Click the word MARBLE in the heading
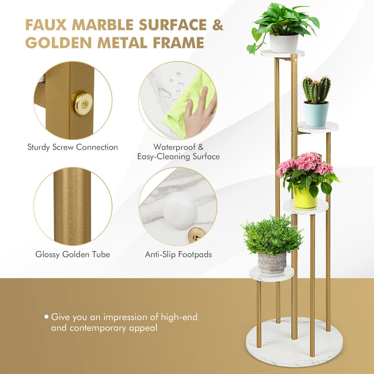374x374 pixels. click(103, 25)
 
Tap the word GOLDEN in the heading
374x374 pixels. click(58, 43)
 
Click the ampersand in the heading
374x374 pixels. click(218, 25)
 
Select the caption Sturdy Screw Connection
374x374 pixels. click(73, 147)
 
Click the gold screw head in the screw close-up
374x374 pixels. click(83, 103)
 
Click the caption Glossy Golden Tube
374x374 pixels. click(73, 254)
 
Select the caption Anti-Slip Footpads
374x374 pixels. click(178, 255)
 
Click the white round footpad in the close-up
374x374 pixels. click(179, 210)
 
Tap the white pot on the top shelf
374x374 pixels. click(284, 43)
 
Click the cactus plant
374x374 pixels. click(316, 90)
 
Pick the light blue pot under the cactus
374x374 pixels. click(316, 114)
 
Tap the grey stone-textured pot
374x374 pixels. click(272, 263)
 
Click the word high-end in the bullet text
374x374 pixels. click(179, 317)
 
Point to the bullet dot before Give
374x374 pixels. click(46, 317)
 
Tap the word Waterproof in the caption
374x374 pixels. click(175, 147)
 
